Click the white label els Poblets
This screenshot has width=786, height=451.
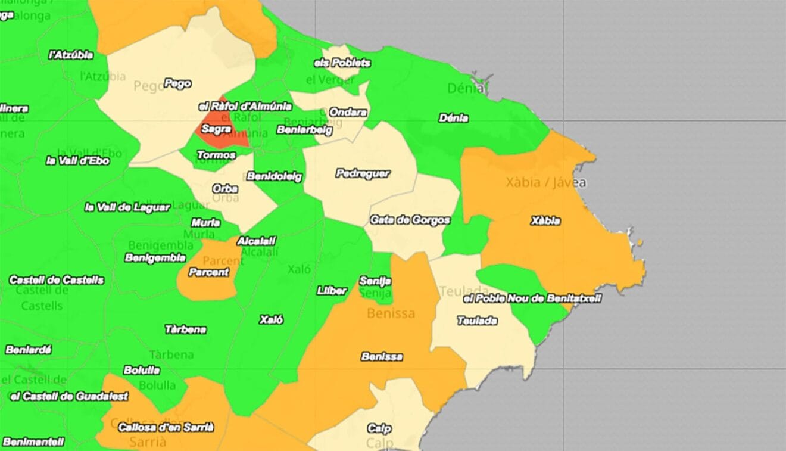342,63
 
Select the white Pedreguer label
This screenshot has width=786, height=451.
363,173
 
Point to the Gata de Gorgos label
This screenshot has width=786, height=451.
410,220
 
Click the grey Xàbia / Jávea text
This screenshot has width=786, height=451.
545,182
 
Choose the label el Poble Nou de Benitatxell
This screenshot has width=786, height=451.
532,298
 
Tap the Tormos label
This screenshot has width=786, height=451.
216,155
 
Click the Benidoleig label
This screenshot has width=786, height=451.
275,176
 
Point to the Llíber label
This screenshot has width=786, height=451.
332,291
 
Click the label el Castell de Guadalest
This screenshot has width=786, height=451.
70,396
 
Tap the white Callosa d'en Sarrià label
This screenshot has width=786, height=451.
166,427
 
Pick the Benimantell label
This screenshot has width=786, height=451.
33,441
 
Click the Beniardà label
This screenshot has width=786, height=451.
28,350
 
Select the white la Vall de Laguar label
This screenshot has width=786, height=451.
127,207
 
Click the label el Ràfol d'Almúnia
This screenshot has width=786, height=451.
245,106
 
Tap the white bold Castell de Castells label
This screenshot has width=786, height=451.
57,279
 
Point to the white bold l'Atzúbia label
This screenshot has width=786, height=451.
71,55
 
